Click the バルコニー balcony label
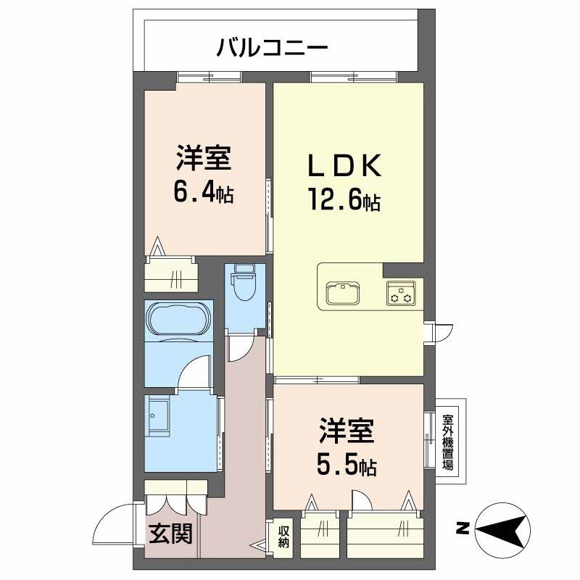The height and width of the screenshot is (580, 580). click(x=273, y=48)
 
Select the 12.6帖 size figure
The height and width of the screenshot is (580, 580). click(x=344, y=201)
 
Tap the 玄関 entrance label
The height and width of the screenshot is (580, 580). click(x=170, y=533)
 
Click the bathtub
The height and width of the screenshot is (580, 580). click(x=179, y=320)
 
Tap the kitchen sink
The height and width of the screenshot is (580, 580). click(x=343, y=294)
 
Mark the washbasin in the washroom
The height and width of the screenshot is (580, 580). click(x=159, y=413)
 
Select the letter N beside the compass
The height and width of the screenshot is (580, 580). click(x=463, y=529)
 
